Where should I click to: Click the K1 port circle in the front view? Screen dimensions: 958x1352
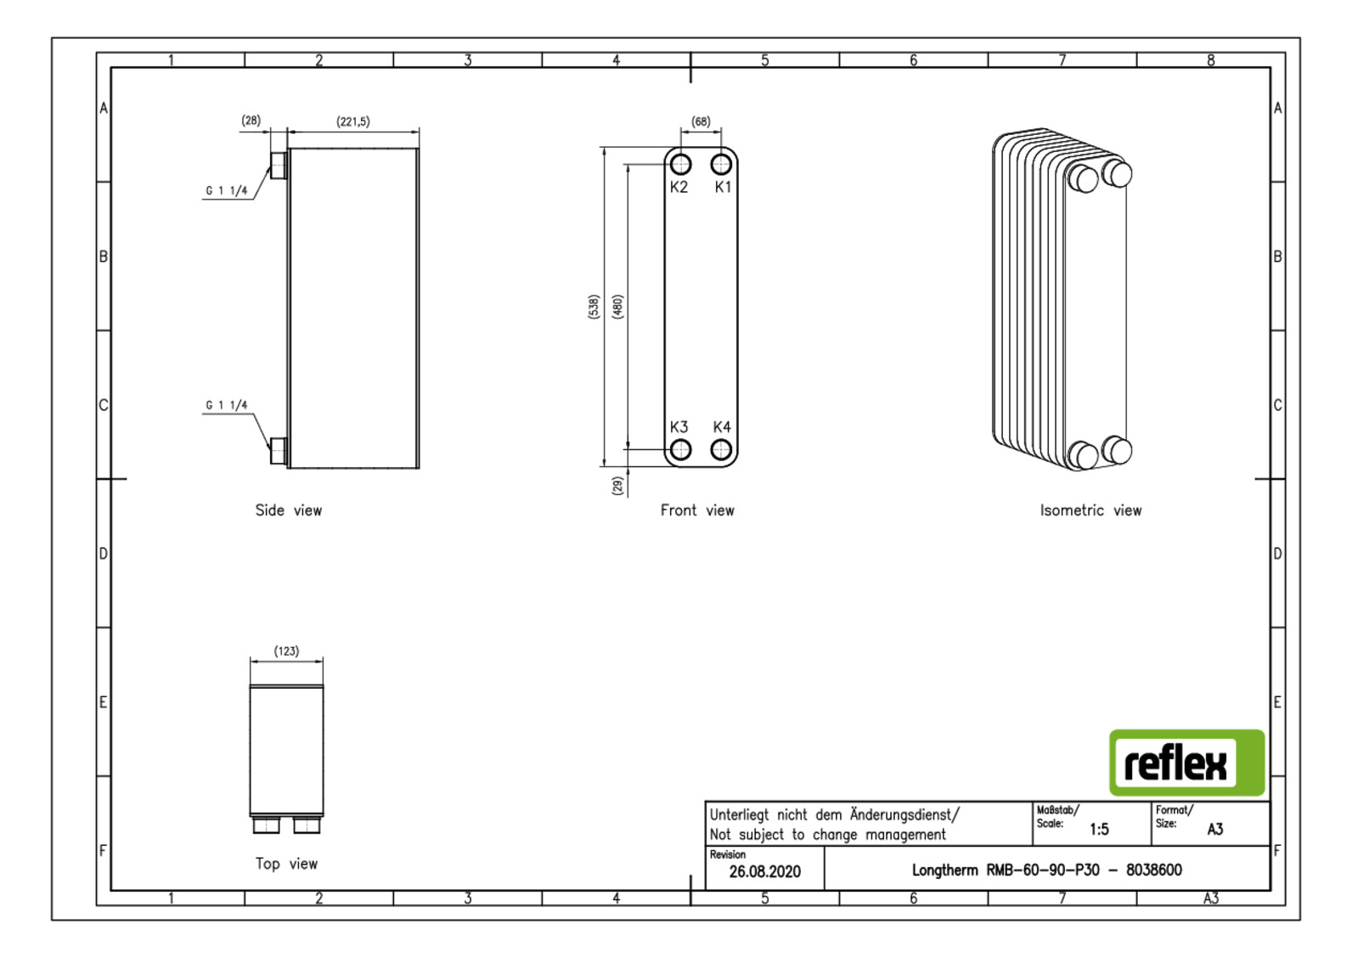[721, 164]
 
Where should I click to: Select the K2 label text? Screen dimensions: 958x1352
[679, 187]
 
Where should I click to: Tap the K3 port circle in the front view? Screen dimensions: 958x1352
[680, 449]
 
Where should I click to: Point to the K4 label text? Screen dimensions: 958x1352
[722, 427]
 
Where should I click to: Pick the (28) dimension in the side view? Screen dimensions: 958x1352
[251, 121]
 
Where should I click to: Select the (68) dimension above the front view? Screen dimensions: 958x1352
[701, 121]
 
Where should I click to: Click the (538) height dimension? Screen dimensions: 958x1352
[594, 307]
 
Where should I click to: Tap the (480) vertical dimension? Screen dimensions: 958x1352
[617, 307]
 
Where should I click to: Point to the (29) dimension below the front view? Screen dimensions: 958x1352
[617, 485]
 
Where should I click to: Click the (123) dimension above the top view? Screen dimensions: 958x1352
[286, 651]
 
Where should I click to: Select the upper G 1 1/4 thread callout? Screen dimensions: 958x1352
[227, 191]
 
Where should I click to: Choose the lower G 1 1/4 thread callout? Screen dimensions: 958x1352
[227, 405]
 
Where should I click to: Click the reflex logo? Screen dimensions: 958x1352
[1186, 763]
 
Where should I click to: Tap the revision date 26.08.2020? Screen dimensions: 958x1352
[764, 872]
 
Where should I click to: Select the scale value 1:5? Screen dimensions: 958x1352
[1099, 829]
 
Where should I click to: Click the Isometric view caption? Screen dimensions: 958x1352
[1090, 510]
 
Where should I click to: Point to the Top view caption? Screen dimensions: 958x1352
[286, 864]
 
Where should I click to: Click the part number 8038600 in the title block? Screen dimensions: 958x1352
[1153, 870]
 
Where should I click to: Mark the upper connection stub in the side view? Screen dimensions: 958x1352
[278, 166]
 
